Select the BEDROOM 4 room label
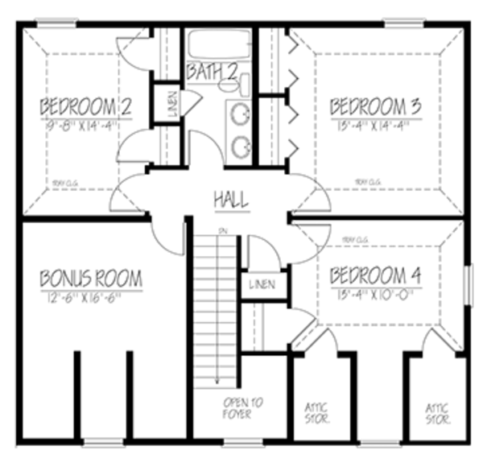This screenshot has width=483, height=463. point(375,277)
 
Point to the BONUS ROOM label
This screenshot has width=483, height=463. point(91,279)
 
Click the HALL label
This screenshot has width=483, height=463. point(230,199)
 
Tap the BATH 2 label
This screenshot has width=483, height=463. point(212,72)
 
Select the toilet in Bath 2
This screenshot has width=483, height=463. point(244,83)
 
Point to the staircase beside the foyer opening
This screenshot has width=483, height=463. point(217,306)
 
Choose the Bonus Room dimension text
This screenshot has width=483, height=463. point(91,299)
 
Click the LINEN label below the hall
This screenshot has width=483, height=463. point(262,285)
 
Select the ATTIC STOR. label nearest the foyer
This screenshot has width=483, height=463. point(316,413)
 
